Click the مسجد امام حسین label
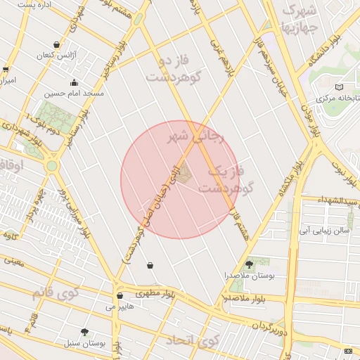[75, 93]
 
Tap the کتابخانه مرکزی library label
[337, 98]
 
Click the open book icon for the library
[340, 86]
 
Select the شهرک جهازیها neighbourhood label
[299, 20]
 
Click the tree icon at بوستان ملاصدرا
[248, 264]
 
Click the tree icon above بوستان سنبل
[85, 331]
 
